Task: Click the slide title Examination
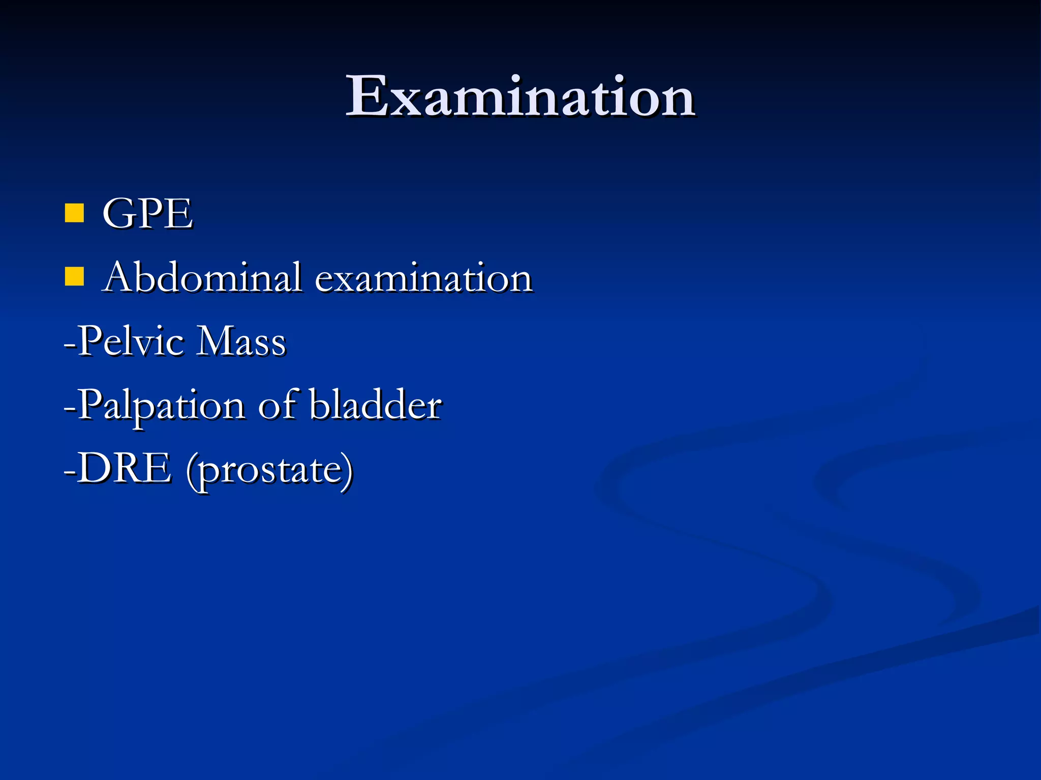click(x=520, y=96)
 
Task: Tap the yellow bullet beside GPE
click(x=74, y=213)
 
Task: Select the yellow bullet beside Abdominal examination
click(x=74, y=277)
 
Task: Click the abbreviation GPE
click(x=147, y=214)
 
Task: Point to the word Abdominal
click(x=202, y=278)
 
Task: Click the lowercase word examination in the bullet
click(x=423, y=279)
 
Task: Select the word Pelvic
click(x=131, y=341)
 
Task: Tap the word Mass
click(x=241, y=341)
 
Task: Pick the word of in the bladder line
click(x=278, y=405)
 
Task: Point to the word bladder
click(x=376, y=405)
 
